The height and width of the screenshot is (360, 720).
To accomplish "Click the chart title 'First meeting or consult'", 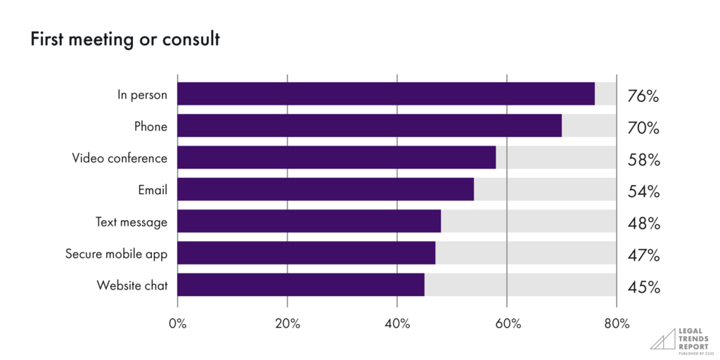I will (124, 40).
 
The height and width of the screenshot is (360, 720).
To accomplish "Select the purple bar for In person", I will (385, 94).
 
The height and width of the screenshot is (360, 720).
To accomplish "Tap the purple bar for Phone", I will (369, 126).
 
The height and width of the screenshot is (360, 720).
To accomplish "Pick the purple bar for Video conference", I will (336, 157).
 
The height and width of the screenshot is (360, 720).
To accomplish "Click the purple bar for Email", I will (325, 189).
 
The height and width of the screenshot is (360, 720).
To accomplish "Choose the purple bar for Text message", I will (309, 221).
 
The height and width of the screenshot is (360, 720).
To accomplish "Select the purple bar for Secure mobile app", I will (306, 253).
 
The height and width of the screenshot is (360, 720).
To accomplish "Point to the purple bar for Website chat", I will (300, 285).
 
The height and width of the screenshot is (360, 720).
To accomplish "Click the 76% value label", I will (643, 96).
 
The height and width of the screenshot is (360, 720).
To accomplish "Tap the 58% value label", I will (643, 160).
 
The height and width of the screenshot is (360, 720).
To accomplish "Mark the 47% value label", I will (643, 255).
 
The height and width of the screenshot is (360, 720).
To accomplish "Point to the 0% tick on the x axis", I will (178, 323).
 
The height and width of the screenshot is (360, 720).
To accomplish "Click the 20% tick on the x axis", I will (288, 323).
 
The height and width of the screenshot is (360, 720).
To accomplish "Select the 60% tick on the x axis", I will (507, 323).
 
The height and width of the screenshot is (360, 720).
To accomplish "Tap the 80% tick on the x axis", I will (617, 323).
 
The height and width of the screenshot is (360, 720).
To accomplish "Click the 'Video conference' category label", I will (120, 158).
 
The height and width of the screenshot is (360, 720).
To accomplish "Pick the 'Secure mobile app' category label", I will (116, 254).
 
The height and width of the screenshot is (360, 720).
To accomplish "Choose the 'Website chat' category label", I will (131, 285).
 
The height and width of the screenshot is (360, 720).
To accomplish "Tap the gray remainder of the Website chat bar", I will (520, 285).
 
